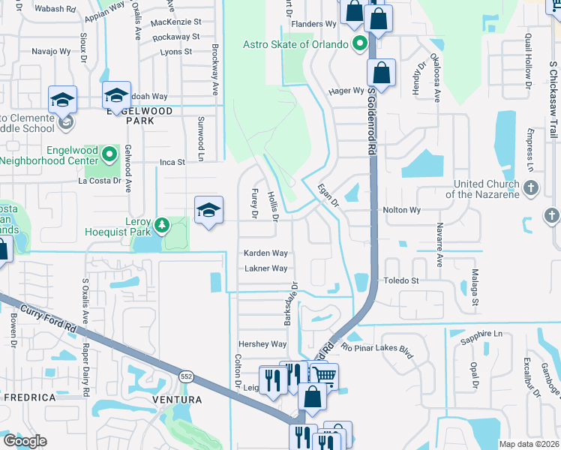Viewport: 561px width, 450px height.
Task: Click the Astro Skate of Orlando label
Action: click(295, 44)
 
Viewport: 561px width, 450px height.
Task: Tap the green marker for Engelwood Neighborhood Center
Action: click(110, 155)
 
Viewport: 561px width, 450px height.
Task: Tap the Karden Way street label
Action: click(265, 253)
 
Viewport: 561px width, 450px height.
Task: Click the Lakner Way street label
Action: click(265, 268)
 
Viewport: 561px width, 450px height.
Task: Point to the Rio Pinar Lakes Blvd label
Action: click(377, 349)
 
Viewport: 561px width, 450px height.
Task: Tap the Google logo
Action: click(25, 441)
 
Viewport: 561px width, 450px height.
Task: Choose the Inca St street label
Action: click(172, 161)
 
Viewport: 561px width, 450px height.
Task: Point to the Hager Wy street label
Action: click(346, 91)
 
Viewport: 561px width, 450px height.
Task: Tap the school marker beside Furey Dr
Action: click(208, 211)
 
